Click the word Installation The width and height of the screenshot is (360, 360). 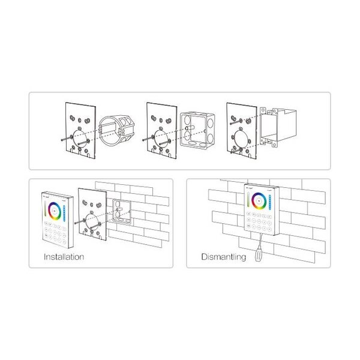pyautogui.click(x=64, y=257)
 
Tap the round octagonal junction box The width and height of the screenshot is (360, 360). pyautogui.click(x=117, y=133)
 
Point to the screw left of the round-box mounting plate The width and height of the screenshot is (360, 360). pyautogui.click(x=64, y=140)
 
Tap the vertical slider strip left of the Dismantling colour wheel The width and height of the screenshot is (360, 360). pyautogui.click(x=249, y=200)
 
